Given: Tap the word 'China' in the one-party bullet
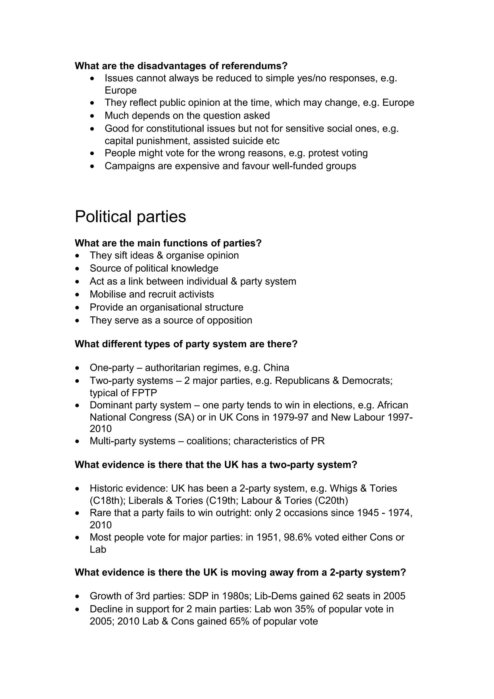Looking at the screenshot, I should pos(276,368).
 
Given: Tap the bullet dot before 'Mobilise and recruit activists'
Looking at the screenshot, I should pos(78,295).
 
